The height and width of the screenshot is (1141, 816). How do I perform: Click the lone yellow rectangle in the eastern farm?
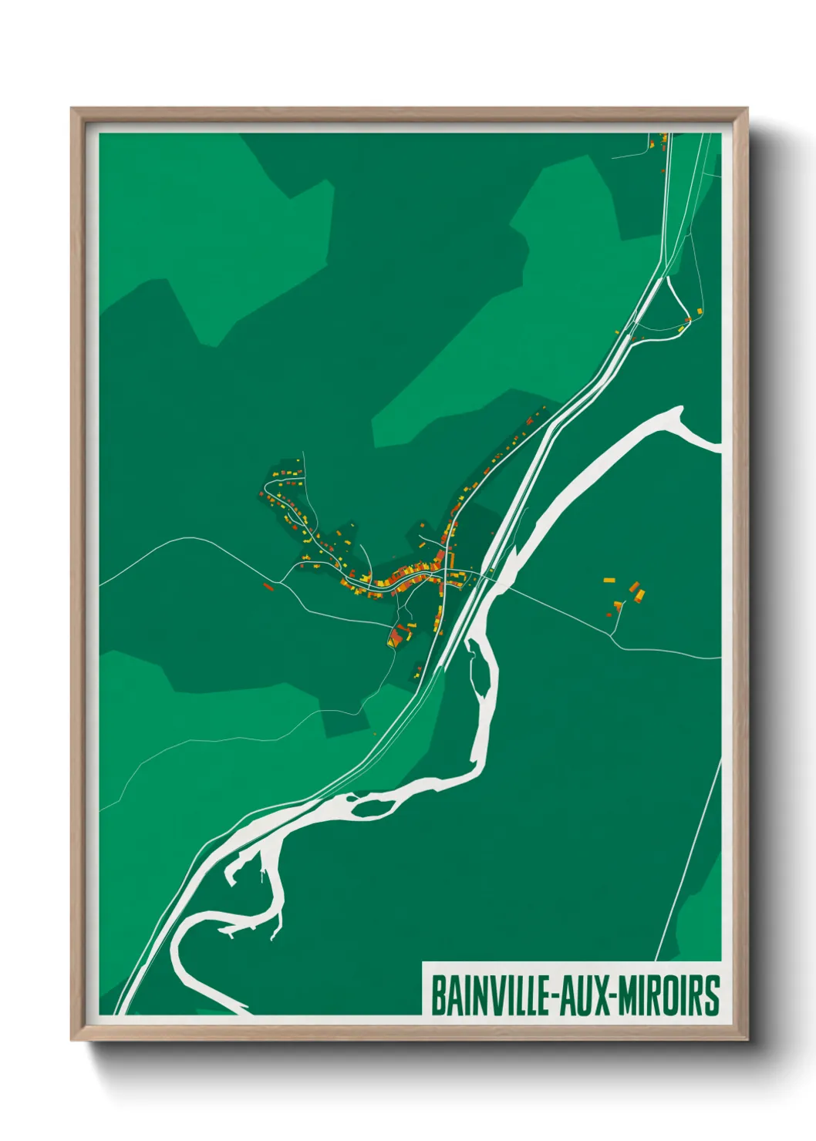click(x=609, y=579)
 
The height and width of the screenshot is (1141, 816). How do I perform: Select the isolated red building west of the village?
click(x=268, y=587)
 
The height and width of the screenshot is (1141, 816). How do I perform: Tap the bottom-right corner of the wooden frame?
click(x=747, y=1039)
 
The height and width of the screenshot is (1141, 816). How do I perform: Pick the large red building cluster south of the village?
click(x=398, y=637)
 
